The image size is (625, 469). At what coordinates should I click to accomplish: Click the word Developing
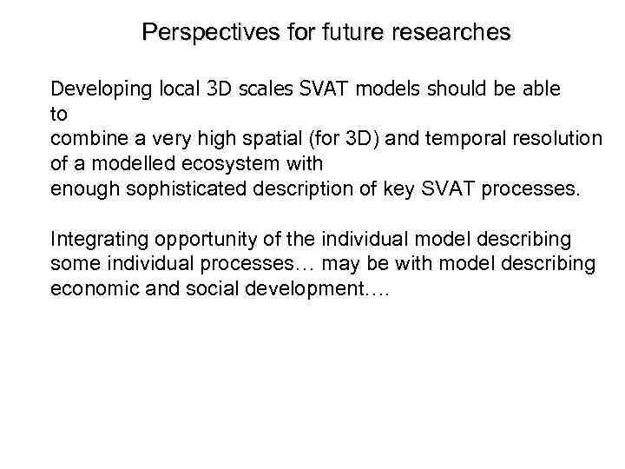tap(95, 89)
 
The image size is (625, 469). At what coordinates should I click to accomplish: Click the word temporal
tap(443, 138)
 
